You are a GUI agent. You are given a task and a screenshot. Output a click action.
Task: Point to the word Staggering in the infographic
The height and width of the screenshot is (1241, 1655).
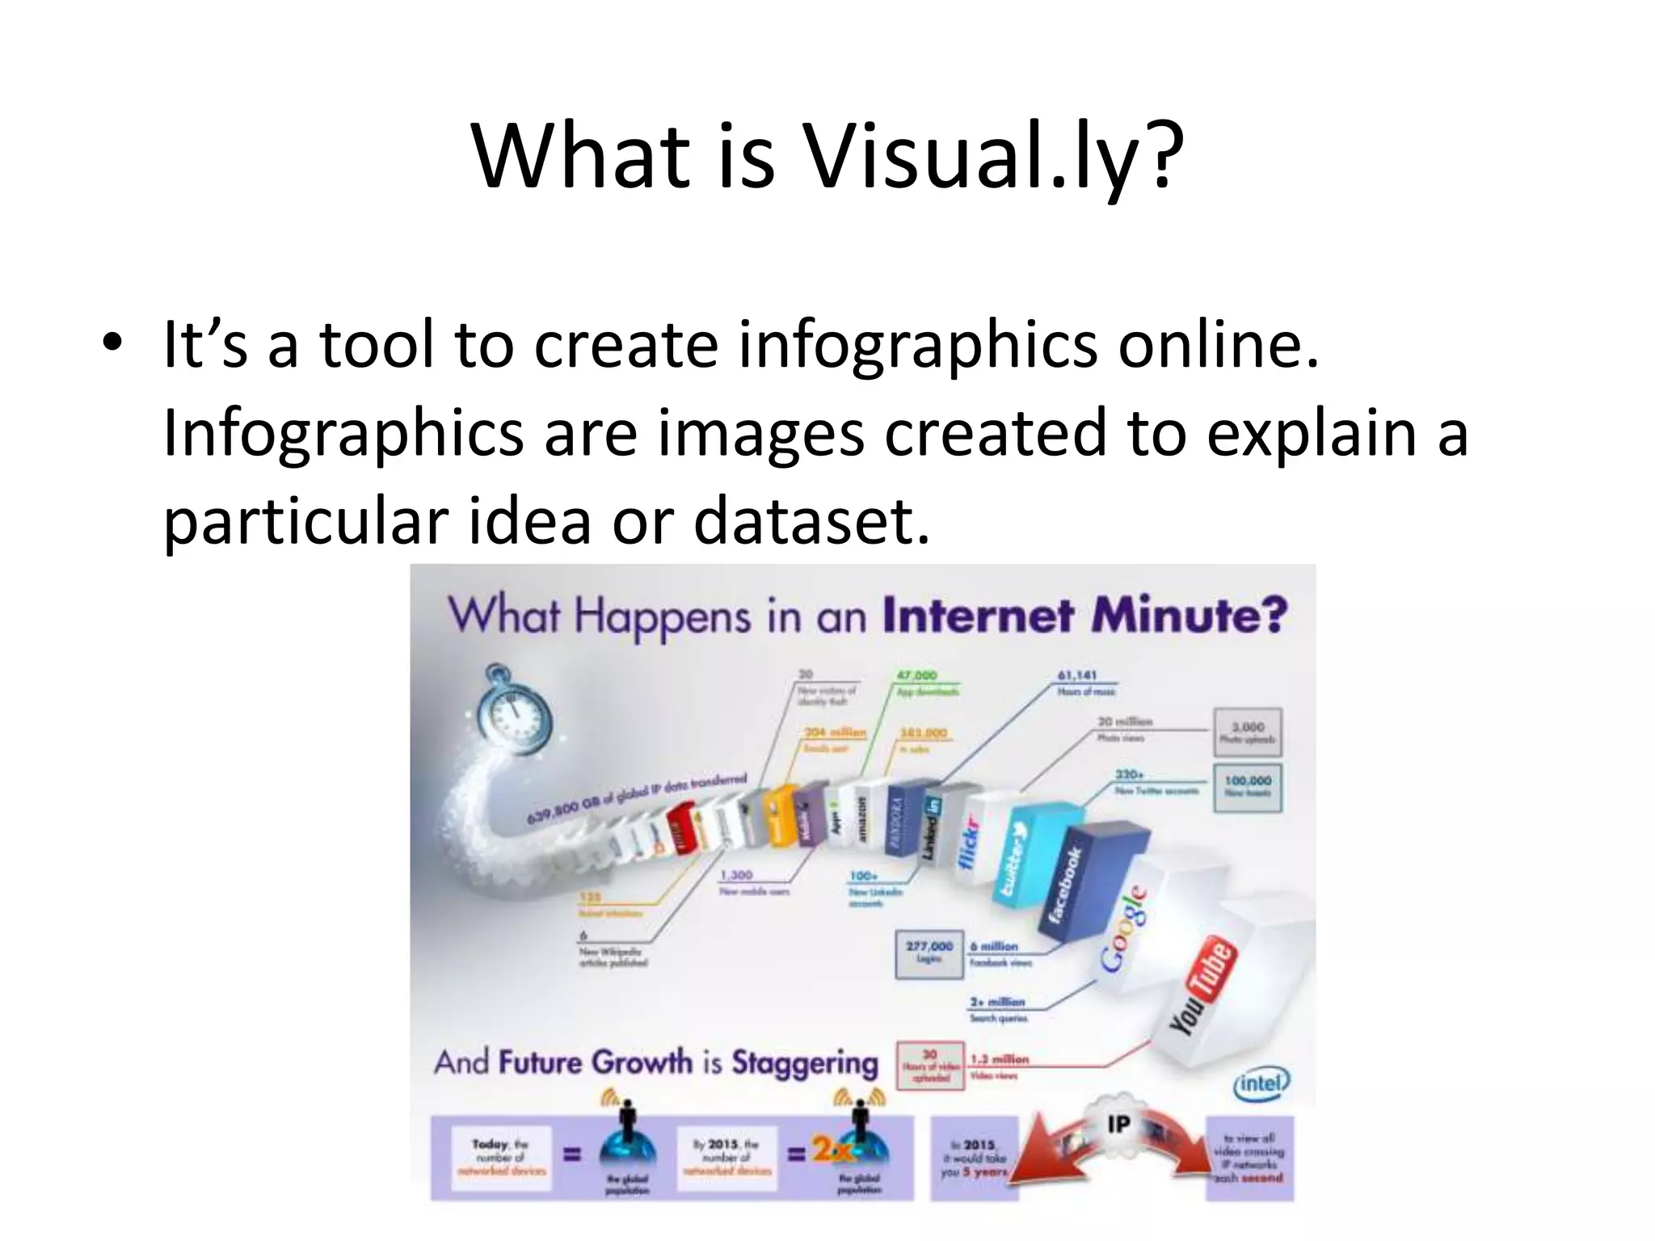click(x=805, y=1062)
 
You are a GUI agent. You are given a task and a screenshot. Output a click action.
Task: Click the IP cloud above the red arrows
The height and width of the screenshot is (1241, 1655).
click(x=1118, y=1122)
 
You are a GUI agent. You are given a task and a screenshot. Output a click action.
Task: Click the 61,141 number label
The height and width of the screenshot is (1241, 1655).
click(x=1076, y=675)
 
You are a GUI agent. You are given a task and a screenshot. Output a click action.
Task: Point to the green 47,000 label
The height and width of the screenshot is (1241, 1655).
click(x=916, y=675)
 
